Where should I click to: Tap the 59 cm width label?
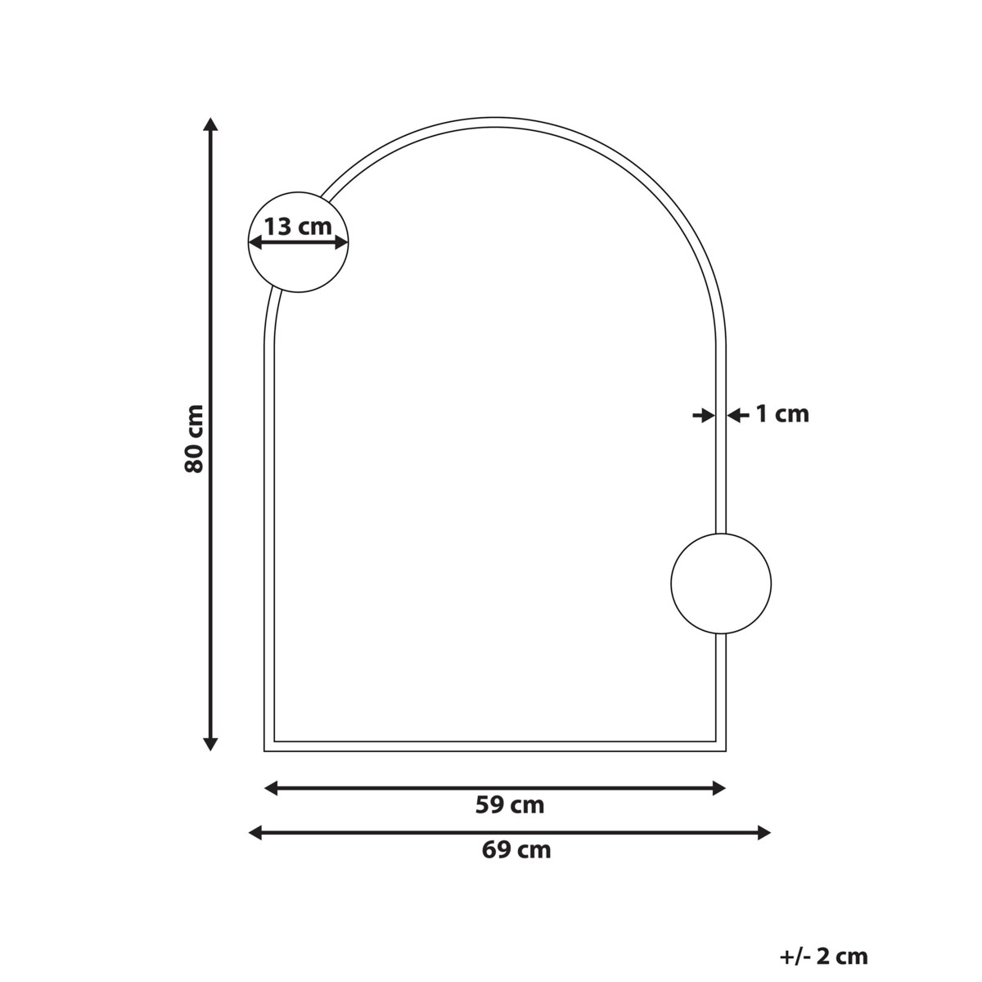click(509, 805)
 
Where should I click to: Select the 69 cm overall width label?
click(516, 849)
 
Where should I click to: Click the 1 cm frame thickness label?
click(781, 414)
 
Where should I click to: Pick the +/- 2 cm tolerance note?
click(824, 955)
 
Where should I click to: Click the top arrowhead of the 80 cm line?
click(210, 124)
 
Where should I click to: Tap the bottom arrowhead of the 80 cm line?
click(210, 744)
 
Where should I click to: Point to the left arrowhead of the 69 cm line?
click(255, 833)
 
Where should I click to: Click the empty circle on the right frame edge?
click(721, 583)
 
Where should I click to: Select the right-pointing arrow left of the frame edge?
click(703, 416)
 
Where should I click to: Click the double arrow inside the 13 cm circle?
click(299, 243)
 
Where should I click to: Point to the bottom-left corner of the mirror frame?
click(266, 749)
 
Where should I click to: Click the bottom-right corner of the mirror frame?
click(724, 749)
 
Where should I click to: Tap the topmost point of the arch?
click(495, 119)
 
